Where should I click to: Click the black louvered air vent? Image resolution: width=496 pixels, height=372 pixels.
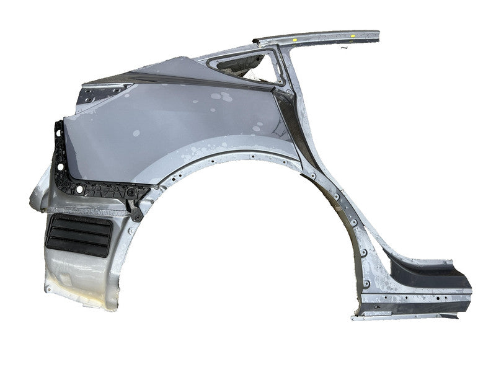click(78, 236)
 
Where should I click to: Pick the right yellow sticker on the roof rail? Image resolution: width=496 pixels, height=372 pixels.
click(352, 36)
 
